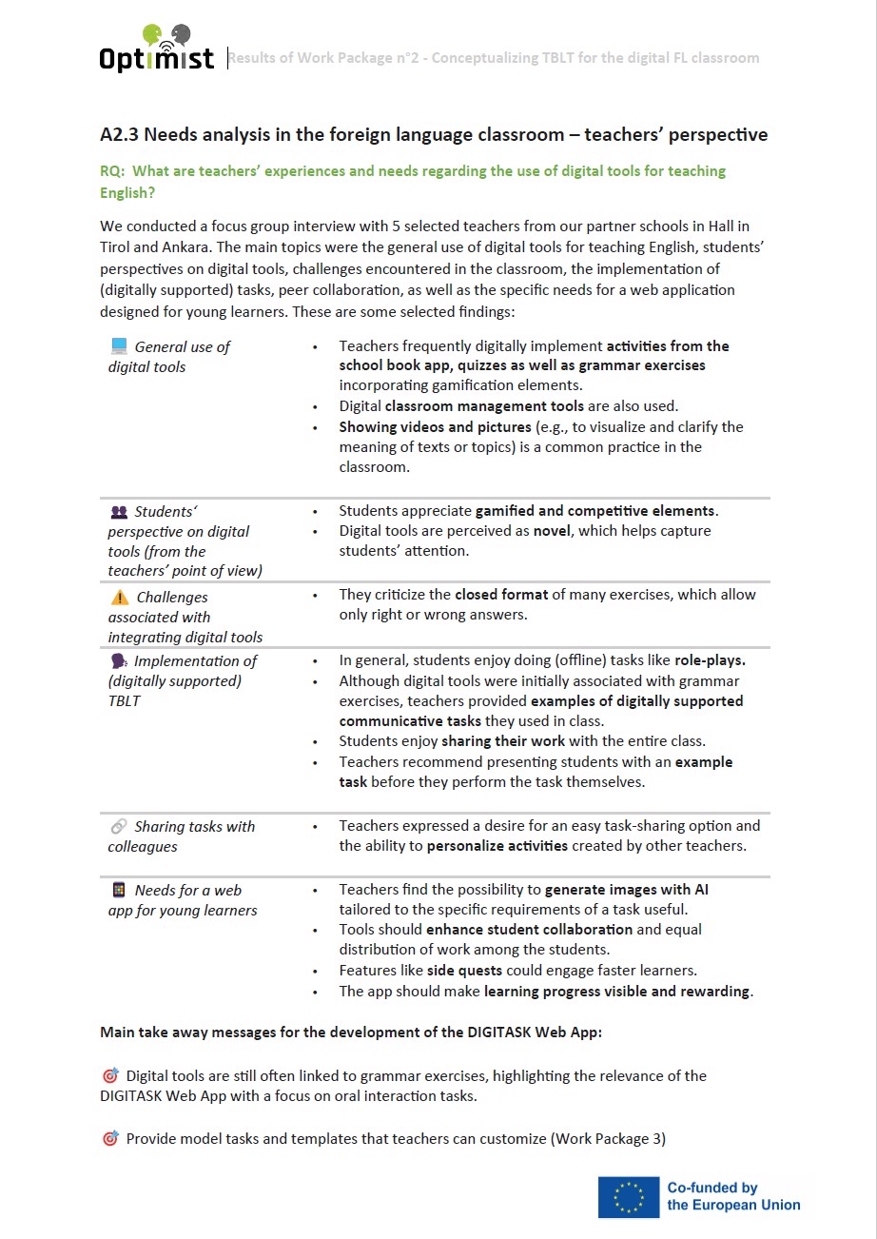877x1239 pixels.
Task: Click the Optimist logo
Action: (157, 48)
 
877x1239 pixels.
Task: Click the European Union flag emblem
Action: (628, 1196)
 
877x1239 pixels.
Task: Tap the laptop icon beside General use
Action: (119, 346)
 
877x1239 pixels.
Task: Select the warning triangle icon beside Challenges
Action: (120, 598)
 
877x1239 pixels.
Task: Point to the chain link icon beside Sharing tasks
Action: (119, 827)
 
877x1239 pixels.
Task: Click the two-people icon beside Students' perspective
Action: (119, 512)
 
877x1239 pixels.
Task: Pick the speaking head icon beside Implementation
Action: (119, 661)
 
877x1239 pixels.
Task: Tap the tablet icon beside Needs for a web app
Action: (119, 891)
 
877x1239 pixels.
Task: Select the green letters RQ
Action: (111, 171)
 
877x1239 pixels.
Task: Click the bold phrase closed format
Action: (501, 595)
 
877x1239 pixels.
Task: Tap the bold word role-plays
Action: (710, 659)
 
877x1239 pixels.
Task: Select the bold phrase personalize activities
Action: (497, 846)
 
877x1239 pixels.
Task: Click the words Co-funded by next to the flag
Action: (711, 1188)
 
